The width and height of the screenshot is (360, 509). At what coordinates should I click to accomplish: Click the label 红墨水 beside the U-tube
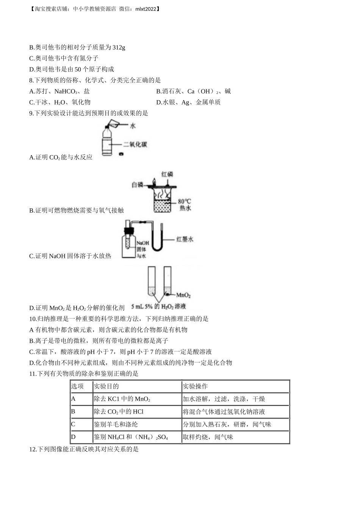point(185,239)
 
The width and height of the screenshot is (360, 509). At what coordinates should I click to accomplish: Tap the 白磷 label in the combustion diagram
point(138,185)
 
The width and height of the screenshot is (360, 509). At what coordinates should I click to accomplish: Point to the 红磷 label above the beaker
point(167,174)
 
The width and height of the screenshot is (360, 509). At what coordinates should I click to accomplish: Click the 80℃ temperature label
point(185,201)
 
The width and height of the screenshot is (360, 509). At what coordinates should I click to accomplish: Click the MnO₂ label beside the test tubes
point(183,295)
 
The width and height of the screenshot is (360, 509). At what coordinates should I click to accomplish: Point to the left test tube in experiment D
point(151,282)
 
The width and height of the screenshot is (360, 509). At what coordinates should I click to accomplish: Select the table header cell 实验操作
point(195,386)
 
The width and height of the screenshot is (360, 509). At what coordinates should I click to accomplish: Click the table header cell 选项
point(77,386)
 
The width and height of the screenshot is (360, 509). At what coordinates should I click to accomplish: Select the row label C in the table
point(73,425)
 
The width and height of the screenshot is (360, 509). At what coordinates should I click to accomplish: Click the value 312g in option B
point(119,47)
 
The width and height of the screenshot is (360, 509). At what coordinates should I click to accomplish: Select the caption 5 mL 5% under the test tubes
point(142,307)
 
